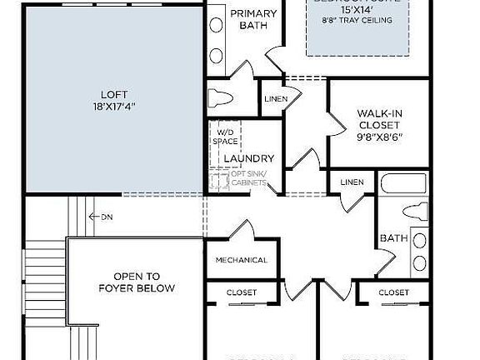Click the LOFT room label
(113, 94)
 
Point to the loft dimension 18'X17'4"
(113, 107)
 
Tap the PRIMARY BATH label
(253, 19)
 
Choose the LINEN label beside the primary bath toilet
(276, 98)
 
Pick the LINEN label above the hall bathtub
(352, 182)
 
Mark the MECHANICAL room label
(241, 260)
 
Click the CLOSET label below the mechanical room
(242, 292)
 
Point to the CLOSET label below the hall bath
(393, 292)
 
